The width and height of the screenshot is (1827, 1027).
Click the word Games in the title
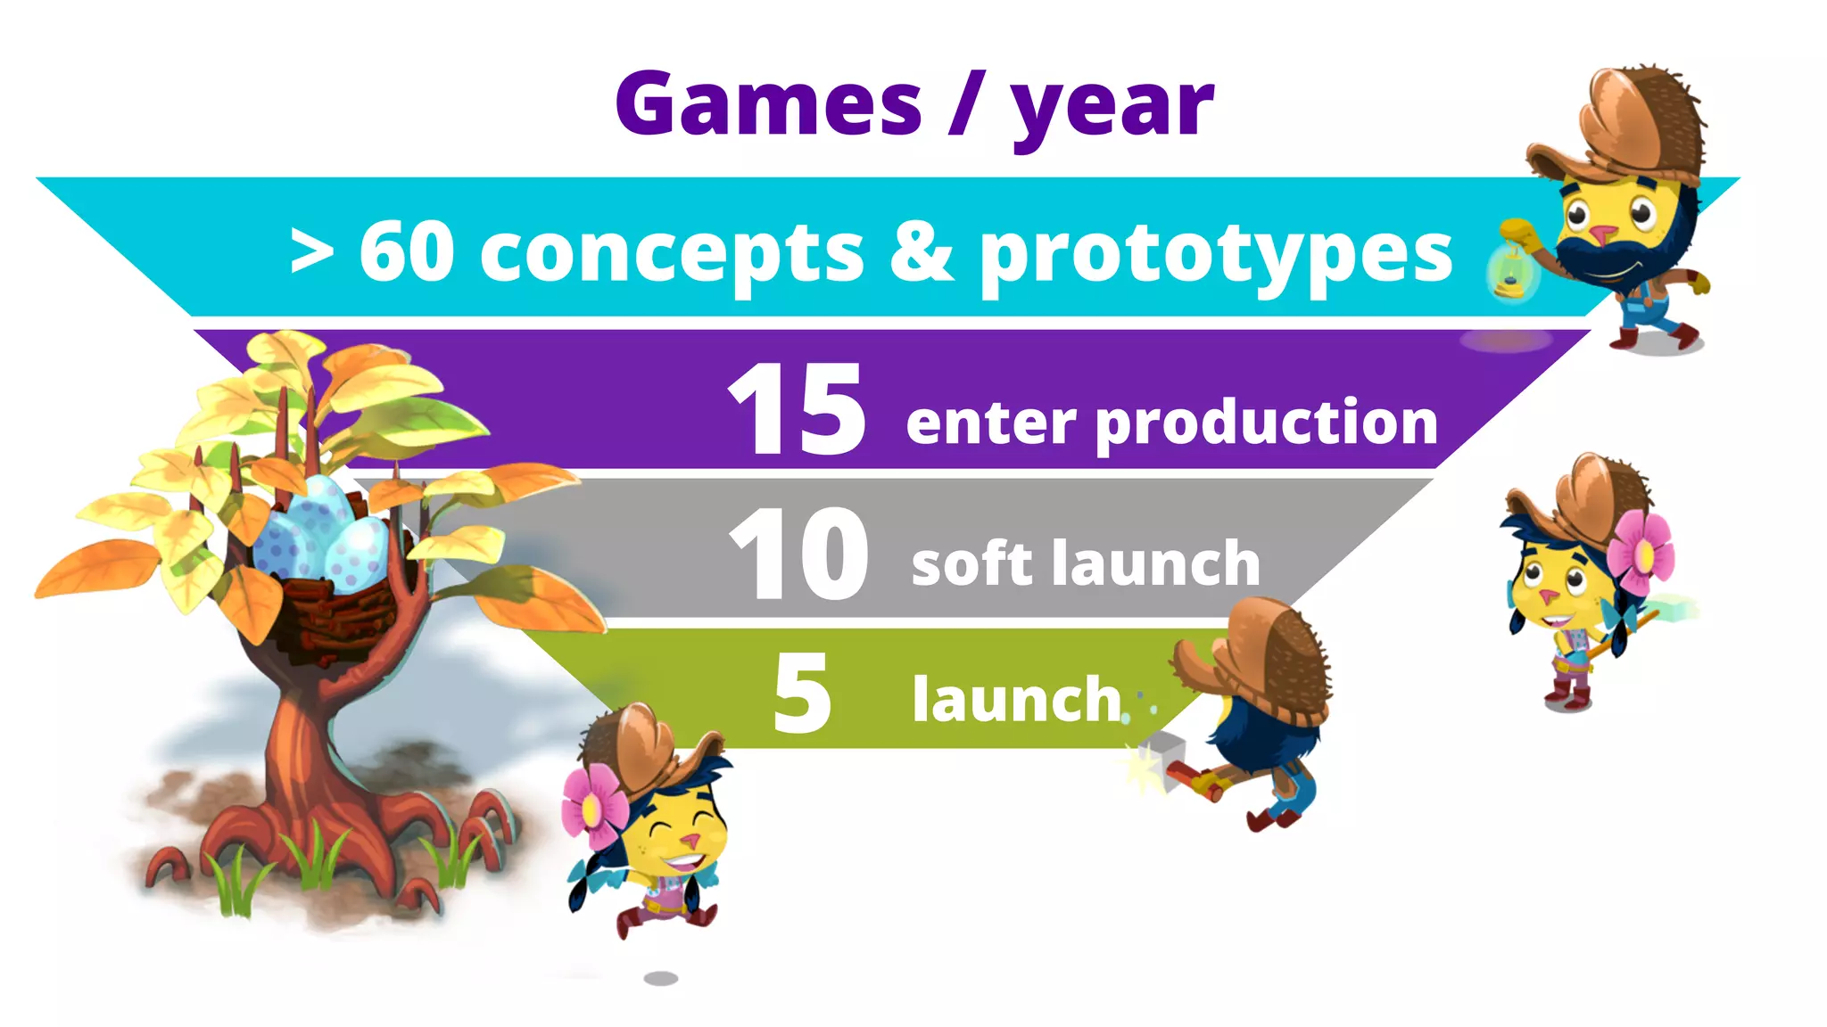[x=768, y=104]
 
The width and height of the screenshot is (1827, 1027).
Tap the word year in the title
[x=1112, y=109]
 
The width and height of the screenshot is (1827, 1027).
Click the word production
[x=1266, y=423]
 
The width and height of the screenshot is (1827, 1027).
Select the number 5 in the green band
[x=802, y=693]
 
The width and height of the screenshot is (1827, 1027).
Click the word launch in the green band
[x=1016, y=699]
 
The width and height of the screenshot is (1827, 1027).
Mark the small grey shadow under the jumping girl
[x=661, y=978]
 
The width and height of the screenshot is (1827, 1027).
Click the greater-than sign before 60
[x=312, y=253]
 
